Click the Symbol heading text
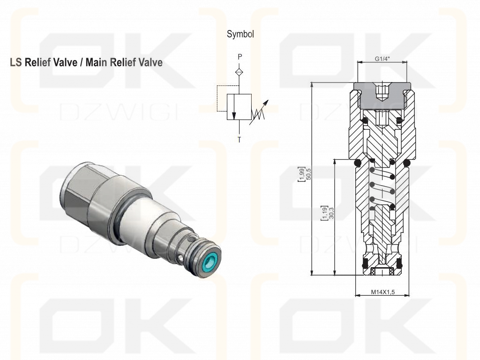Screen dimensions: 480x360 click(240, 34)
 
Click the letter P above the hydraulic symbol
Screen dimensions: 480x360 click(240, 57)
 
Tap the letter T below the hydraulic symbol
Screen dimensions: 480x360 click(240, 140)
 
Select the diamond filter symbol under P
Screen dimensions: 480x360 click(240, 72)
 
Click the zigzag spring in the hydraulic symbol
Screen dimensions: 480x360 click(258, 114)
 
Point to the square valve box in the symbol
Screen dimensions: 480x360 click(239, 107)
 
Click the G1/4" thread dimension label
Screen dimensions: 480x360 click(382, 59)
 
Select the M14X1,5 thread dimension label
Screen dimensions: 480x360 click(383, 292)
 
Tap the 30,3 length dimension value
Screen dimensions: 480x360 click(331, 213)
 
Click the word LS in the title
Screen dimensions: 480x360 click(16, 62)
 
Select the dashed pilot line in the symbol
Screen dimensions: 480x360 click(226, 98)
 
